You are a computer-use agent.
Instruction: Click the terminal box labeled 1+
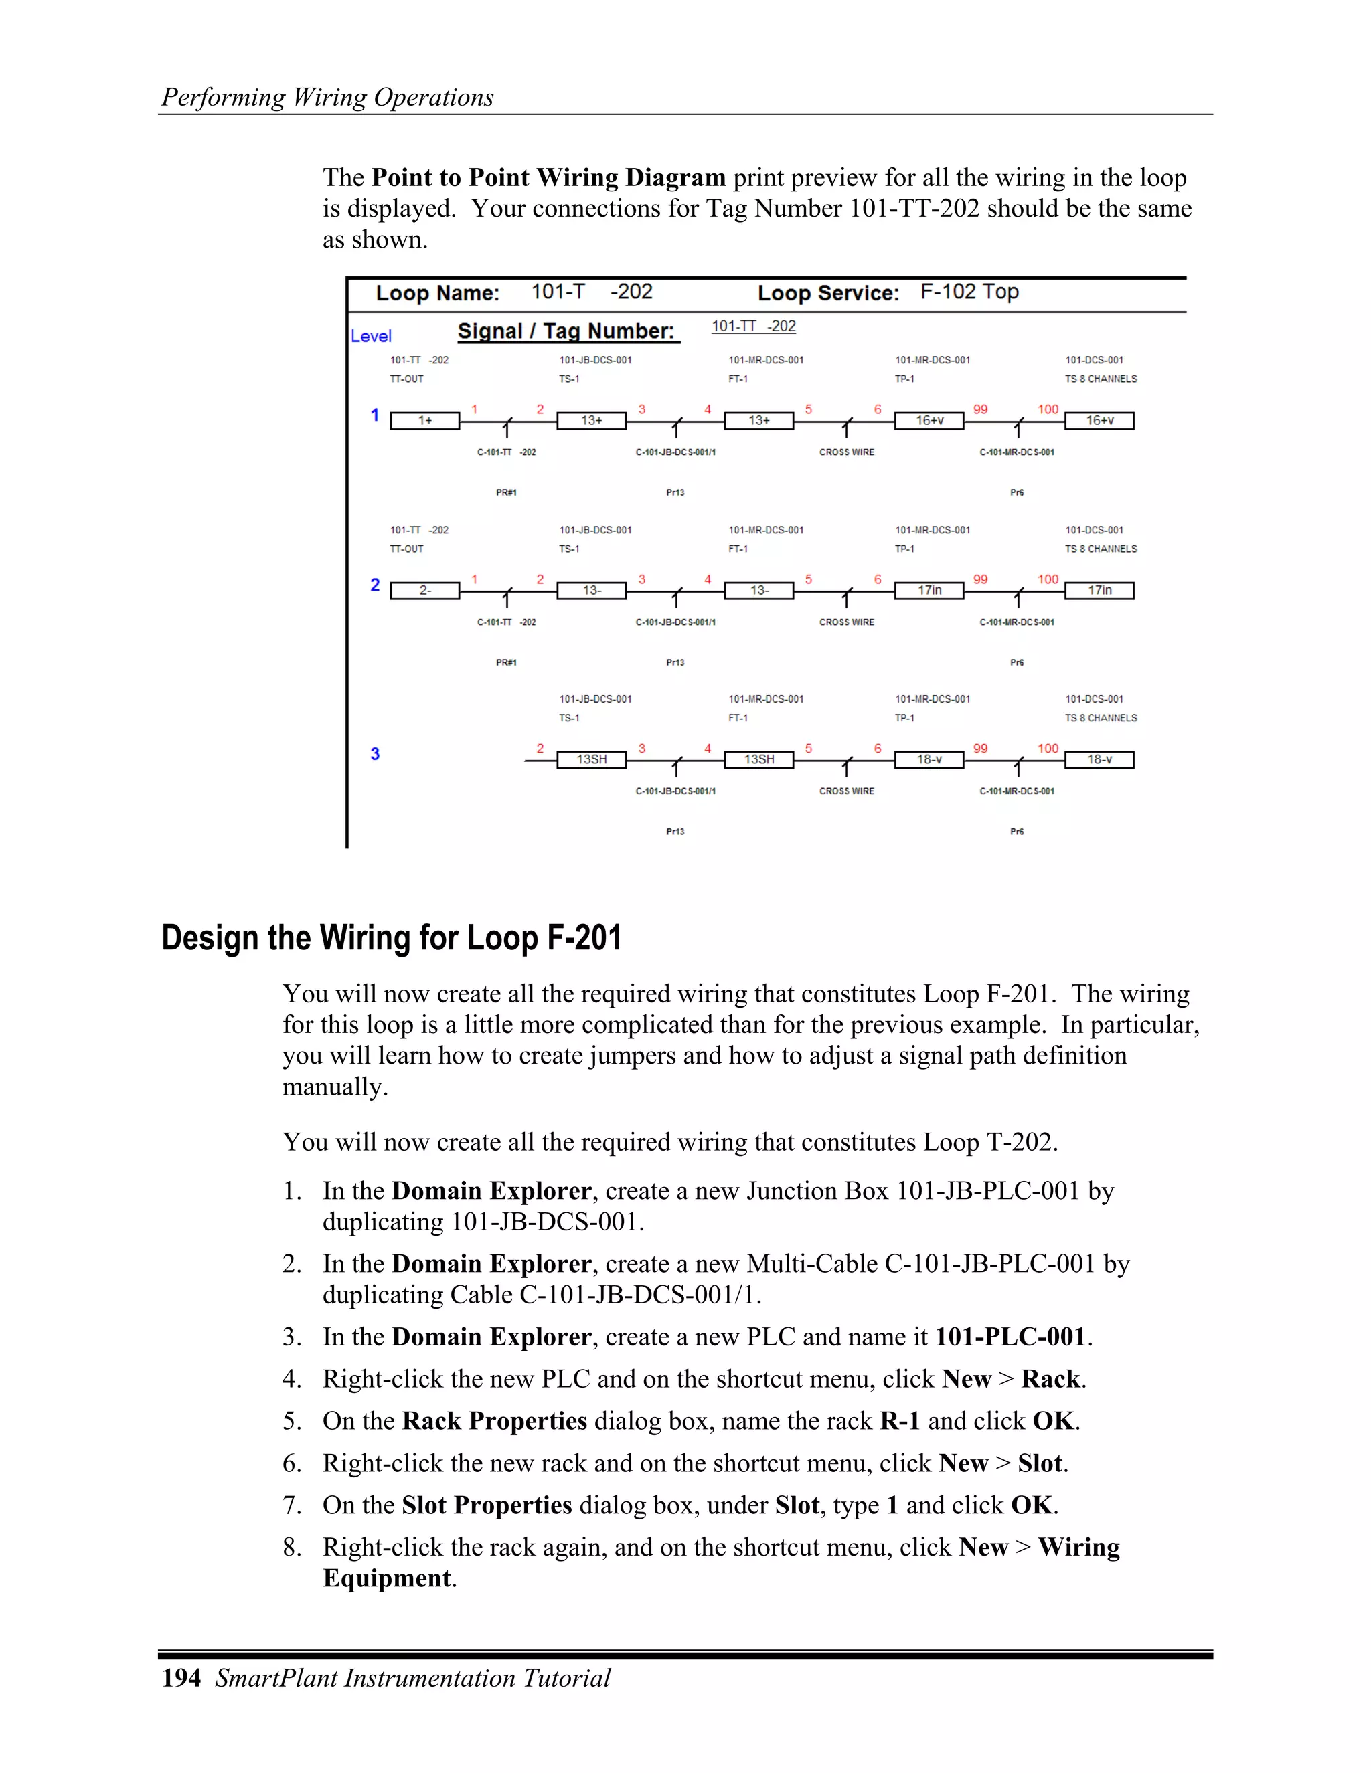tap(425, 421)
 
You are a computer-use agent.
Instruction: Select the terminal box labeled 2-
tap(425, 591)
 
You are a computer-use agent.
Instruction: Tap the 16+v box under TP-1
tap(929, 421)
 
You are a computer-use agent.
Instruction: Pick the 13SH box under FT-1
tap(758, 760)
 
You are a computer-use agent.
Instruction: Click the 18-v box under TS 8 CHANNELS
tap(1099, 760)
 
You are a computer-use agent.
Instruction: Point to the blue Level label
tap(371, 336)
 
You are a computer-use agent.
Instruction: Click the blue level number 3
tap(376, 754)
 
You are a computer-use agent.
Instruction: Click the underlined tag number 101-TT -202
tap(753, 326)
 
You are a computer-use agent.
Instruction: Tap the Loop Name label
tap(437, 293)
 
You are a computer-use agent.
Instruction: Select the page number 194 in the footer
tap(181, 1678)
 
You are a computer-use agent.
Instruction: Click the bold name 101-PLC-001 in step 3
tap(1010, 1337)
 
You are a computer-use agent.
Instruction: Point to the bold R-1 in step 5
tap(900, 1422)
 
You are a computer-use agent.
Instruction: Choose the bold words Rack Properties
tap(494, 1422)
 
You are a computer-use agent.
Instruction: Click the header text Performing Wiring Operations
tap(327, 98)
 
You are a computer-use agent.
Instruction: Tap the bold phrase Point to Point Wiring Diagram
tap(548, 178)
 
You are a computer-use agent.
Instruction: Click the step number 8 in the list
tap(292, 1548)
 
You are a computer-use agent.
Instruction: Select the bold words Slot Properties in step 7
tap(487, 1506)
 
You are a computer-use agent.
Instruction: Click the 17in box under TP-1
tap(929, 591)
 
